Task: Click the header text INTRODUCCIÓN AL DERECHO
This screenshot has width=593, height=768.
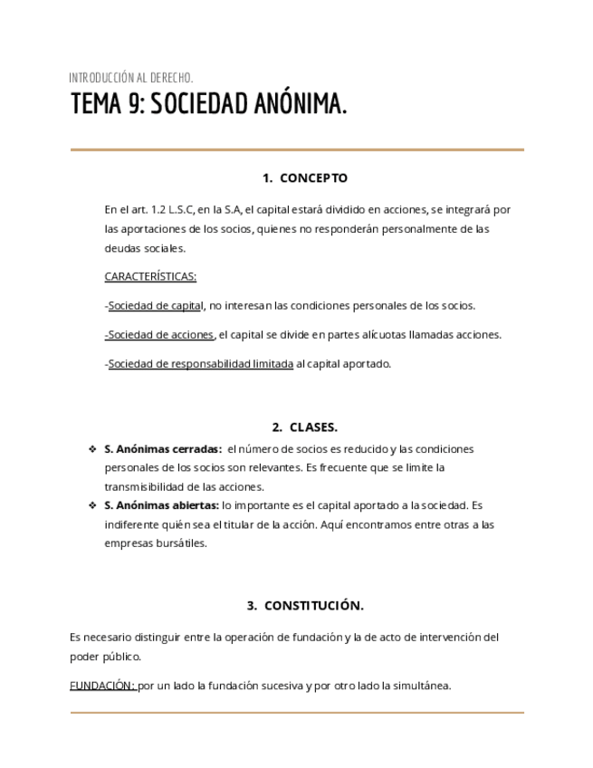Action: coord(130,78)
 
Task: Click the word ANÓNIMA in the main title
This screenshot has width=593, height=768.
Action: coord(300,106)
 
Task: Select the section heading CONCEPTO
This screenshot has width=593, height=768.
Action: coord(313,178)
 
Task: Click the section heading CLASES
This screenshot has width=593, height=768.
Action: coord(313,427)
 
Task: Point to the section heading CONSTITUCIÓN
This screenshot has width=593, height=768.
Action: coord(313,606)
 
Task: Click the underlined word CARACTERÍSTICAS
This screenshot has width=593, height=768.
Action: coord(150,276)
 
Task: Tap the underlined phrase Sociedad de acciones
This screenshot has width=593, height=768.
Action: coord(160,335)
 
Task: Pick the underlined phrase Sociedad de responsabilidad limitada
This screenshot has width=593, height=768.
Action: coord(200,364)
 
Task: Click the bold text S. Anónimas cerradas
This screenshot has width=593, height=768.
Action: coord(163,449)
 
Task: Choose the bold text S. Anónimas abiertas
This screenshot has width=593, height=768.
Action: coord(161,505)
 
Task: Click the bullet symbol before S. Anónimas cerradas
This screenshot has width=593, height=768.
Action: coord(92,449)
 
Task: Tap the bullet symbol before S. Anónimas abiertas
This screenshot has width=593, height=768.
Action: coord(92,505)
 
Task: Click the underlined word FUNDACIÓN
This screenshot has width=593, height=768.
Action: coord(102,686)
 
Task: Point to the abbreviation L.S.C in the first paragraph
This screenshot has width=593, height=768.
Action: coord(186,209)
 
